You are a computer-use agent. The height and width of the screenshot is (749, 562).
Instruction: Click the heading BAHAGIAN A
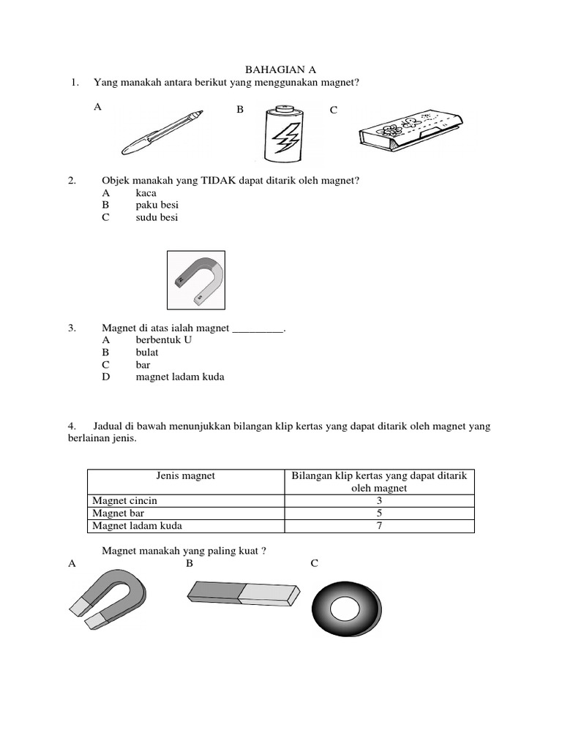coord(280,69)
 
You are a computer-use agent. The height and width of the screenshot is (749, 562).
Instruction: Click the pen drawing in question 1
coord(162,132)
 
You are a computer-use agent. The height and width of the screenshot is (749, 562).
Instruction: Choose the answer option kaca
coord(146,192)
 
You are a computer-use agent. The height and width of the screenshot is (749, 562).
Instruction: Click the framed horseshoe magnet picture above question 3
coord(196,280)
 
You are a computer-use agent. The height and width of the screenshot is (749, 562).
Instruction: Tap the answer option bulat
coord(147,353)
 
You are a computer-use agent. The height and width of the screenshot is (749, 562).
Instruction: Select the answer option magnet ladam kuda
coord(180,377)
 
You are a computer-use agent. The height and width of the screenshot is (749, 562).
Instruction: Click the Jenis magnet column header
coord(186,476)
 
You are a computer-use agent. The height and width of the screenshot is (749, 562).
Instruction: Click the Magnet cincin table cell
coord(125,501)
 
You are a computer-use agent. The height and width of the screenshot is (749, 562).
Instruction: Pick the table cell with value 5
coord(378,513)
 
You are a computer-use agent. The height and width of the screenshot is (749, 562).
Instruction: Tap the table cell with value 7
coord(378,526)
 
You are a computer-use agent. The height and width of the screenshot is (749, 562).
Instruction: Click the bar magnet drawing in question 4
coord(244,592)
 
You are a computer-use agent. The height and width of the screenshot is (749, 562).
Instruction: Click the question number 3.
coord(72,328)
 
